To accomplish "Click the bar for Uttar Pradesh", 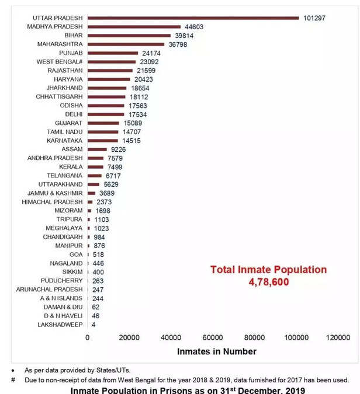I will (193, 18).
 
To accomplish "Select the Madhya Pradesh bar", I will (134, 27).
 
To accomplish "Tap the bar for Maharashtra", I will (126, 44).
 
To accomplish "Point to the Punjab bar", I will (113, 53).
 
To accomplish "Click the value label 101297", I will (314, 18).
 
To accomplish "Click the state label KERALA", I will (71, 167).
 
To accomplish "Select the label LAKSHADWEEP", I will (60, 325).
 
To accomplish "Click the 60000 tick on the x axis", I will (213, 337).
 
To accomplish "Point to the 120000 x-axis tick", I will (338, 337).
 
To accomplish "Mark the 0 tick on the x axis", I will (88, 337).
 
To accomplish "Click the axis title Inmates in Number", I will (217, 351).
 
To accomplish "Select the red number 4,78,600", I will (269, 282).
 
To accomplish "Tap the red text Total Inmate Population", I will (269, 270).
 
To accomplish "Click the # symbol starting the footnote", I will (13, 379).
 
